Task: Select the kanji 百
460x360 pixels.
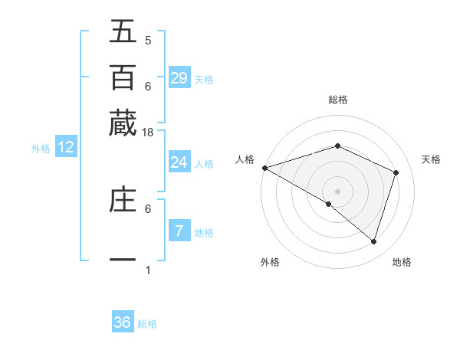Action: (x=123, y=78)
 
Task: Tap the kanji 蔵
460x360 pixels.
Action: (x=123, y=123)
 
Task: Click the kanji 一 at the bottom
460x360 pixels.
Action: (x=123, y=260)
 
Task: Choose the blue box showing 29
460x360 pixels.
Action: (x=179, y=78)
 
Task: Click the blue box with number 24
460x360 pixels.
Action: (x=179, y=162)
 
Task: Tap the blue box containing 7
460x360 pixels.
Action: (x=179, y=231)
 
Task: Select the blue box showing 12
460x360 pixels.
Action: (x=66, y=148)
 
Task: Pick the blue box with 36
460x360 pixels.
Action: (x=123, y=322)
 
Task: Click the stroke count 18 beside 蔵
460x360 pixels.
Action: (x=149, y=133)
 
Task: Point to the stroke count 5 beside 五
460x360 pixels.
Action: (x=148, y=41)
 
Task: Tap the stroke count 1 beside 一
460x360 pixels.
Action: (x=148, y=270)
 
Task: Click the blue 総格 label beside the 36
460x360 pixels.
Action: (x=147, y=324)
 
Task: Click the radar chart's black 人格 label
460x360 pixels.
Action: (x=245, y=159)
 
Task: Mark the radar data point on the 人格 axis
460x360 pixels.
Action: (x=264, y=168)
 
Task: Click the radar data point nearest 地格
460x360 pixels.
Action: (x=373, y=242)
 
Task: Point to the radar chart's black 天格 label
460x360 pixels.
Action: (x=432, y=159)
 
